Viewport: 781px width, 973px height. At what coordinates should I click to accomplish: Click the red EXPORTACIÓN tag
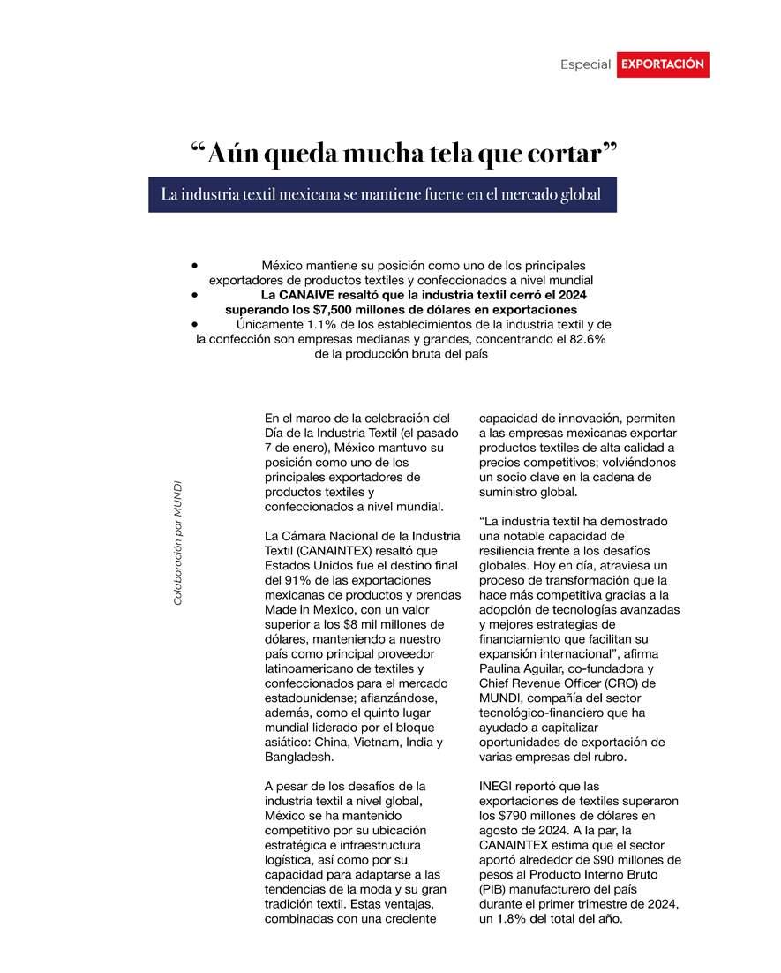[x=662, y=64]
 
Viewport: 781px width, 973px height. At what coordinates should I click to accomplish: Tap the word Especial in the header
[x=585, y=64]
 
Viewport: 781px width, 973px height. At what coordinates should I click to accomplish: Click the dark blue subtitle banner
[x=381, y=194]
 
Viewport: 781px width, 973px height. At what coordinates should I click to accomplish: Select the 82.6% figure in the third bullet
[x=582, y=339]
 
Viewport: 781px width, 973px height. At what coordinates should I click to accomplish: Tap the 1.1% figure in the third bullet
[x=297, y=325]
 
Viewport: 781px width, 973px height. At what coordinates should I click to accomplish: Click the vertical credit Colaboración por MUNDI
[x=178, y=543]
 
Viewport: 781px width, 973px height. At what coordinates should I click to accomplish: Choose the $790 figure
[x=520, y=816]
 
